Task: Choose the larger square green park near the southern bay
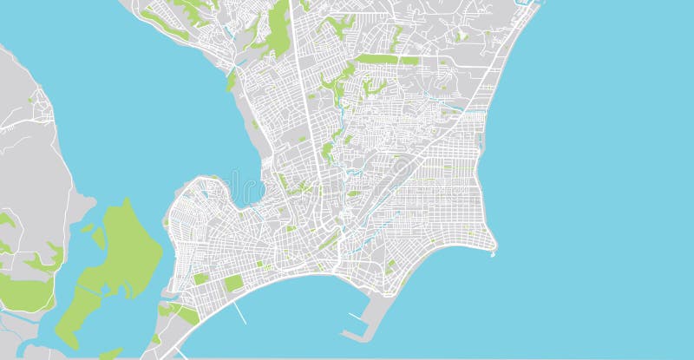pyautogui.click(x=233, y=284)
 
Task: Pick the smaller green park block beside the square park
pyautogui.click(x=201, y=279)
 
